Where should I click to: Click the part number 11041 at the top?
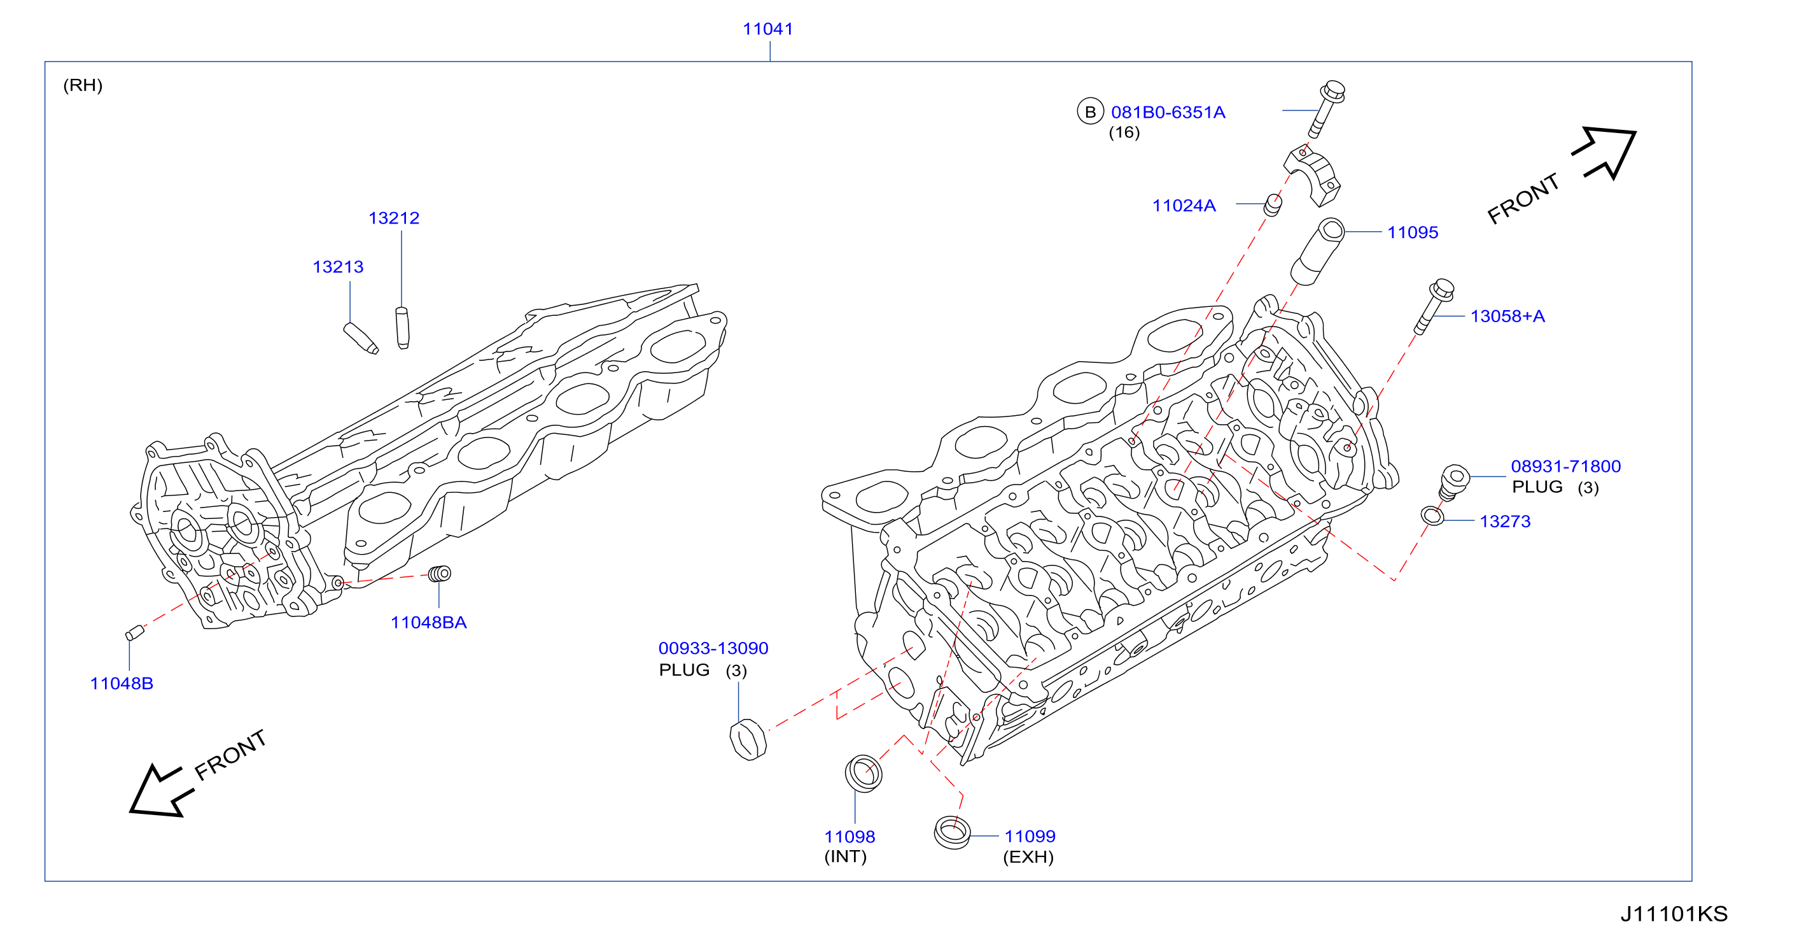pyautogui.click(x=767, y=29)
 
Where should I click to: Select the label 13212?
pyautogui.click(x=393, y=218)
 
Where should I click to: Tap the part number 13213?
pyautogui.click(x=338, y=267)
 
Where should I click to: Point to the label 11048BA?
pyautogui.click(x=428, y=622)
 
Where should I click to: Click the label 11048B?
pyautogui.click(x=122, y=683)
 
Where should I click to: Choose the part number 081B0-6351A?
pyautogui.click(x=1168, y=111)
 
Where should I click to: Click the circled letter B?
pyautogui.click(x=1089, y=111)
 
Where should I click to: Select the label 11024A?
pyautogui.click(x=1184, y=205)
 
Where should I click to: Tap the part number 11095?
pyautogui.click(x=1413, y=232)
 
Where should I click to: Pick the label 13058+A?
pyautogui.click(x=1507, y=316)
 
